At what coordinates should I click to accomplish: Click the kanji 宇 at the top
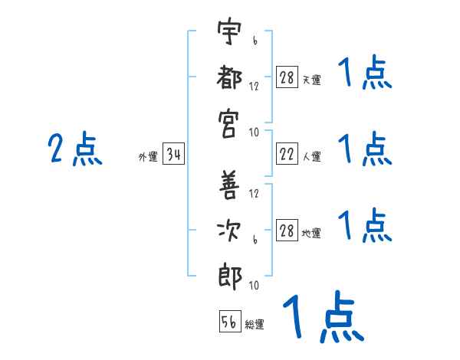(229, 31)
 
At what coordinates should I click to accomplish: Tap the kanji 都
(229, 77)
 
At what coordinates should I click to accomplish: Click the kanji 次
(228, 231)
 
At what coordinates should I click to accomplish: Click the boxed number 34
(173, 154)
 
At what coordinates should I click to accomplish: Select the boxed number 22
(287, 154)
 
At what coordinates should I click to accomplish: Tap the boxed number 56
(230, 321)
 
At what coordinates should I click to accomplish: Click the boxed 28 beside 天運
(287, 77)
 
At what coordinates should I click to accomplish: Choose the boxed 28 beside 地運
(287, 230)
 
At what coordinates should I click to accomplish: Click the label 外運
(148, 157)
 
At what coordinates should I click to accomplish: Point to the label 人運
(312, 157)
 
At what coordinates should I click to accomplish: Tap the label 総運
(255, 325)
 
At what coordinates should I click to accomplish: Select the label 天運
(312, 80)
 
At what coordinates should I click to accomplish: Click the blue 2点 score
(75, 149)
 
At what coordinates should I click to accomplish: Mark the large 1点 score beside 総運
(323, 316)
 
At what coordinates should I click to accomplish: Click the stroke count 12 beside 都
(254, 87)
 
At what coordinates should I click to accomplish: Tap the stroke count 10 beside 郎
(254, 285)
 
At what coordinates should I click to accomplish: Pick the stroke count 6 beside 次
(255, 240)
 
